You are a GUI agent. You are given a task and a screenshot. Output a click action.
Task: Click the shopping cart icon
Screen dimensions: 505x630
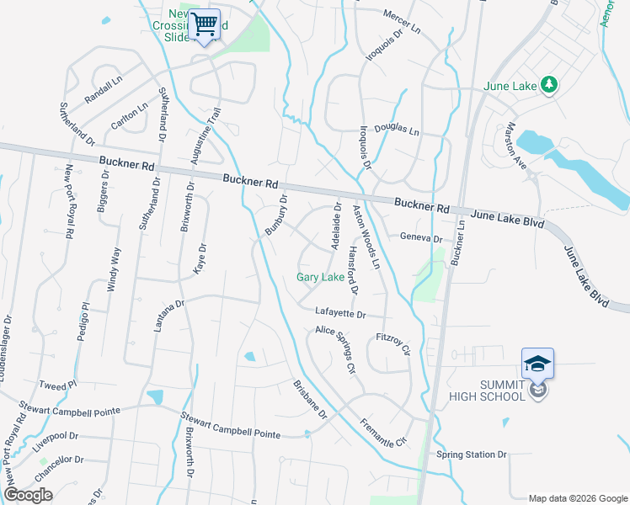205,24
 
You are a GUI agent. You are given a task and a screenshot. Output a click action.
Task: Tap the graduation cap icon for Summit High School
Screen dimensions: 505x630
537,364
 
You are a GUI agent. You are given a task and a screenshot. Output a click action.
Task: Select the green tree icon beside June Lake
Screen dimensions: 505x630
549,84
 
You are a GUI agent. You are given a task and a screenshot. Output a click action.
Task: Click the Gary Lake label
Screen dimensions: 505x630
319,278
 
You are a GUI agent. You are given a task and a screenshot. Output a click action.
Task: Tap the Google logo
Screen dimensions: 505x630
28,495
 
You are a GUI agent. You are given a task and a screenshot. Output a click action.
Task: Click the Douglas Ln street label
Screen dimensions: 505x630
396,130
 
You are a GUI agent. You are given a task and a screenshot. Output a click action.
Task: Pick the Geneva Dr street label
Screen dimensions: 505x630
420,238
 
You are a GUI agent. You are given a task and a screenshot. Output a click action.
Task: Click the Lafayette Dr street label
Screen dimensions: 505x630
340,314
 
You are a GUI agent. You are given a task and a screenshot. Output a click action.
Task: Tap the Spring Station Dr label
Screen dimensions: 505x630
472,454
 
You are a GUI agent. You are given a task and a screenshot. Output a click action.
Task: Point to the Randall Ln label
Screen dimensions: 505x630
104,88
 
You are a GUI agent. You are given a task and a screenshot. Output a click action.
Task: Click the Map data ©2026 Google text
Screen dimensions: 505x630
577,497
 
